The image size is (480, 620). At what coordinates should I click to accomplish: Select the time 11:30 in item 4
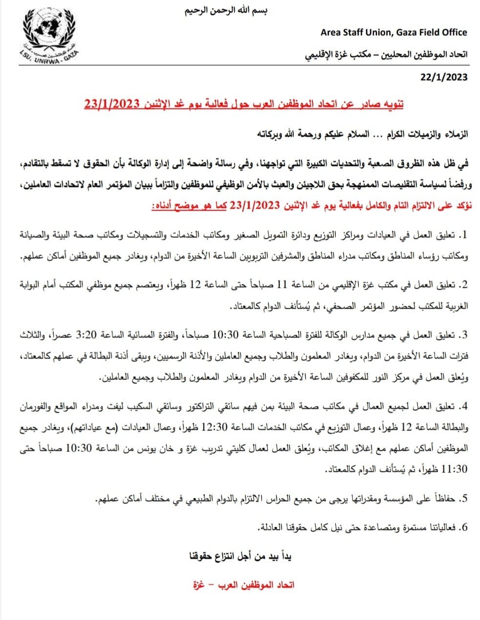(455, 470)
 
